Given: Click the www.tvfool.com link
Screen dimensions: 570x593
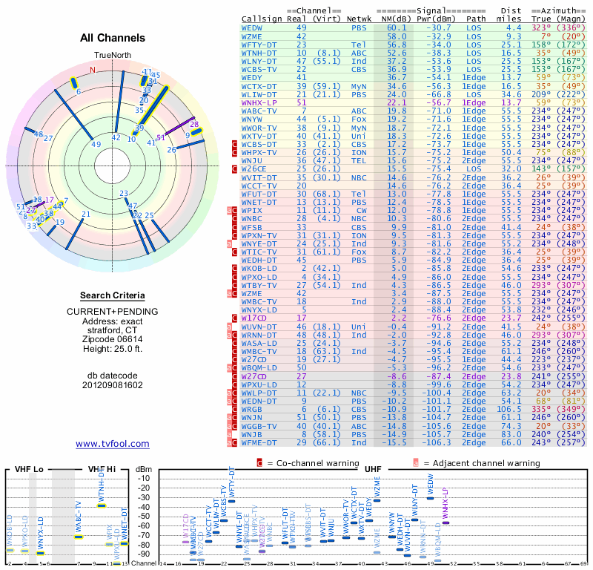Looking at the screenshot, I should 112,444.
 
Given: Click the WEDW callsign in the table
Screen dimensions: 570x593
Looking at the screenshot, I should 252,27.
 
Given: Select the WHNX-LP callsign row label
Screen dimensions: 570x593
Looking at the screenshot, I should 259,102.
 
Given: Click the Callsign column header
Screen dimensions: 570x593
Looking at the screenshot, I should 262,19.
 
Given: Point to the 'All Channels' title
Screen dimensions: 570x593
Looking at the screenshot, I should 113,38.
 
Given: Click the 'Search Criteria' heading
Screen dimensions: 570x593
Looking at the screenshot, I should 113,295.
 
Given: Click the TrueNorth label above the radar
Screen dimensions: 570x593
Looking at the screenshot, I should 113,56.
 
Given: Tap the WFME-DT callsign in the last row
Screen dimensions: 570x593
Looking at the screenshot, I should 259,443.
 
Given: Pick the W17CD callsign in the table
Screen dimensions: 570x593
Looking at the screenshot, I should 255,318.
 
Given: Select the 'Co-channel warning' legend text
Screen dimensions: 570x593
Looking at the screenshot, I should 311,462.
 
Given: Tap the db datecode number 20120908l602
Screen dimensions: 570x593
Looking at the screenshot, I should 113,385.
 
